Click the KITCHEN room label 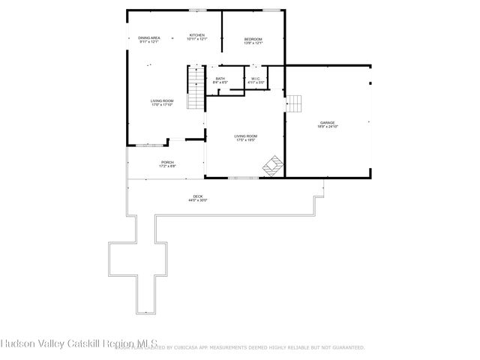point(196,35)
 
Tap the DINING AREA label point(149,37)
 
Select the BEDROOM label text point(253,39)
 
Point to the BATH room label point(220,79)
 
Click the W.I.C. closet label point(255,79)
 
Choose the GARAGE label point(327,122)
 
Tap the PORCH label point(167,162)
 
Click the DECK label point(197,196)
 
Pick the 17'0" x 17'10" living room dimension point(162,105)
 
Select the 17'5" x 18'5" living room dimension point(245,140)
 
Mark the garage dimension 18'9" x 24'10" point(327,127)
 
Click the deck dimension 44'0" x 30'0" point(197,200)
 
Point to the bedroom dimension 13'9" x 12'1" point(253,43)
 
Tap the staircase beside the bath point(196,88)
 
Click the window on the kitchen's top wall point(198,10)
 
